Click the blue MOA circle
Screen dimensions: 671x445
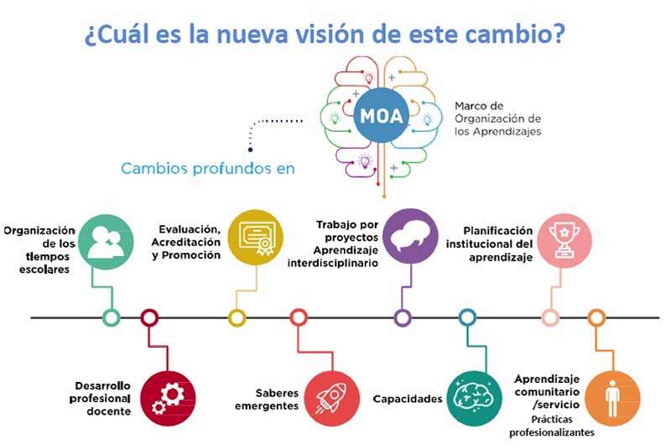click(381, 115)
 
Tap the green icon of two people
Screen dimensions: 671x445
click(107, 242)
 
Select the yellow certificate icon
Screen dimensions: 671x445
click(256, 237)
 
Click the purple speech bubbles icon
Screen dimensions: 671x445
click(410, 237)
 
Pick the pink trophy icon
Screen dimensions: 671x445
click(564, 241)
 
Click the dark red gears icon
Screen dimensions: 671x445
click(168, 398)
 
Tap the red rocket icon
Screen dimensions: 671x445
click(332, 398)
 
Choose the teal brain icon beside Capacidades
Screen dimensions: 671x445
click(474, 398)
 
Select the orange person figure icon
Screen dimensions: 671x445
click(612, 398)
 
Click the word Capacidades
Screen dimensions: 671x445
click(408, 399)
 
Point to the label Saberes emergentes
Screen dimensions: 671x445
click(267, 399)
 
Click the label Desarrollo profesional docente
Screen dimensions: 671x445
click(100, 398)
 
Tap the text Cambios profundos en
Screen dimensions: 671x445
click(208, 168)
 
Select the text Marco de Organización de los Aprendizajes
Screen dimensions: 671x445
click(497, 118)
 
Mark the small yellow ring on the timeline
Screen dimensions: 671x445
click(237, 318)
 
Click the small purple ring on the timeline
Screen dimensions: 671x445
click(403, 318)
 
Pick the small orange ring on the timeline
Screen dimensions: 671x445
click(596, 317)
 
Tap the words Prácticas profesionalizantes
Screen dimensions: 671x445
click(552, 426)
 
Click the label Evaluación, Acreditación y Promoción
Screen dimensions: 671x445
click(186, 242)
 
